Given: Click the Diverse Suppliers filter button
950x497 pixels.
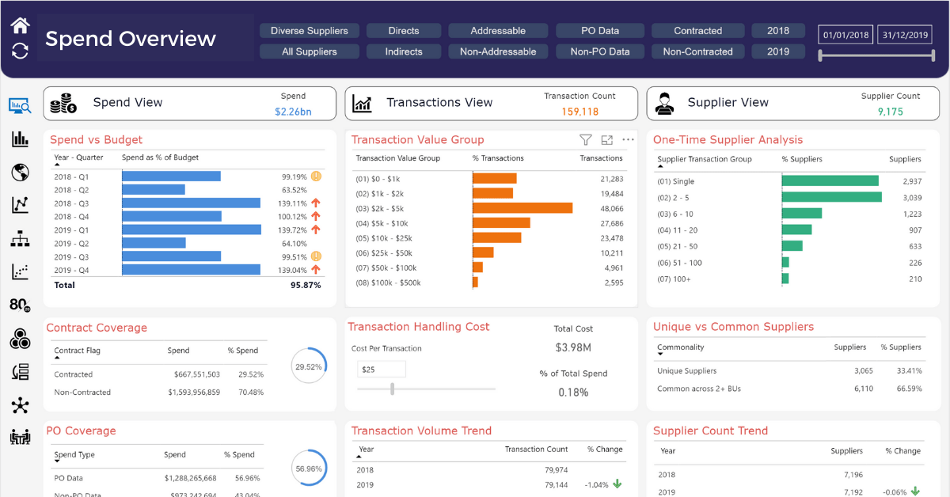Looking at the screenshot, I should [309, 31].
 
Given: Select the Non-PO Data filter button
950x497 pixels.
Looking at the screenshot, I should [599, 51].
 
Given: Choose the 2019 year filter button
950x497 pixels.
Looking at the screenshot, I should [777, 51].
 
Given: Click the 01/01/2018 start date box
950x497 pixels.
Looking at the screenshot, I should [846, 35].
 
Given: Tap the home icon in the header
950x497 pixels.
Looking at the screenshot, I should [20, 25].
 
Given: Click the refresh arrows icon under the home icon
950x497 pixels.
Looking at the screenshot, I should [20, 51].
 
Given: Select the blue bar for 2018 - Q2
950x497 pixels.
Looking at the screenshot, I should [154, 190].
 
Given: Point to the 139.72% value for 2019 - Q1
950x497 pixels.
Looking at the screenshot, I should [294, 230].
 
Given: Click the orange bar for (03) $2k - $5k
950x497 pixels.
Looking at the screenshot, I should [522, 208].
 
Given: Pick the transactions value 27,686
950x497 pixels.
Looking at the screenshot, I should [611, 223].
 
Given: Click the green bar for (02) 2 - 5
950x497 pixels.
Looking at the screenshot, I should [831, 197].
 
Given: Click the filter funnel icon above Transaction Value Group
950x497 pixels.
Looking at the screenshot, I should [585, 140].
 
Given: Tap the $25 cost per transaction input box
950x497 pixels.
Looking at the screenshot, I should [381, 370].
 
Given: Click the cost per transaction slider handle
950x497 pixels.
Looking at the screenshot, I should [392, 389].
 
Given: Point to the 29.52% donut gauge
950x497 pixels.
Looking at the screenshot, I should [308, 367].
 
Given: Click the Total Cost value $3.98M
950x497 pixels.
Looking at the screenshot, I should [573, 347].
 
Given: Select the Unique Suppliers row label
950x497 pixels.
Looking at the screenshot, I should [686, 370].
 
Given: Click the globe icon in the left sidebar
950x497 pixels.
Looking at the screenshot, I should [20, 173].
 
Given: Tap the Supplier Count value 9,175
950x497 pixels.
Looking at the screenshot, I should [890, 112].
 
